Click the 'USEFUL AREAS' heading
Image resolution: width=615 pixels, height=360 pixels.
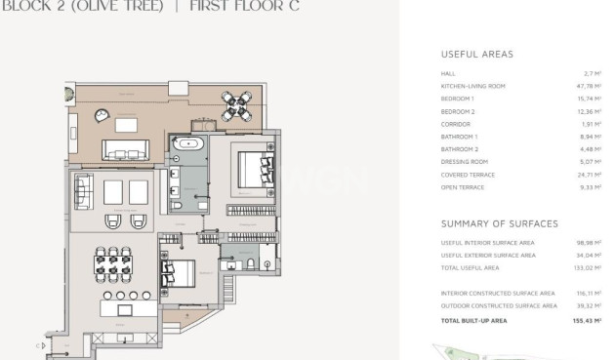[x=476, y=55]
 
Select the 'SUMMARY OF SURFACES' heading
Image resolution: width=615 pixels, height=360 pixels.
[x=499, y=223]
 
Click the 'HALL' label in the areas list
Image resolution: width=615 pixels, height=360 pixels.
[x=448, y=73]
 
